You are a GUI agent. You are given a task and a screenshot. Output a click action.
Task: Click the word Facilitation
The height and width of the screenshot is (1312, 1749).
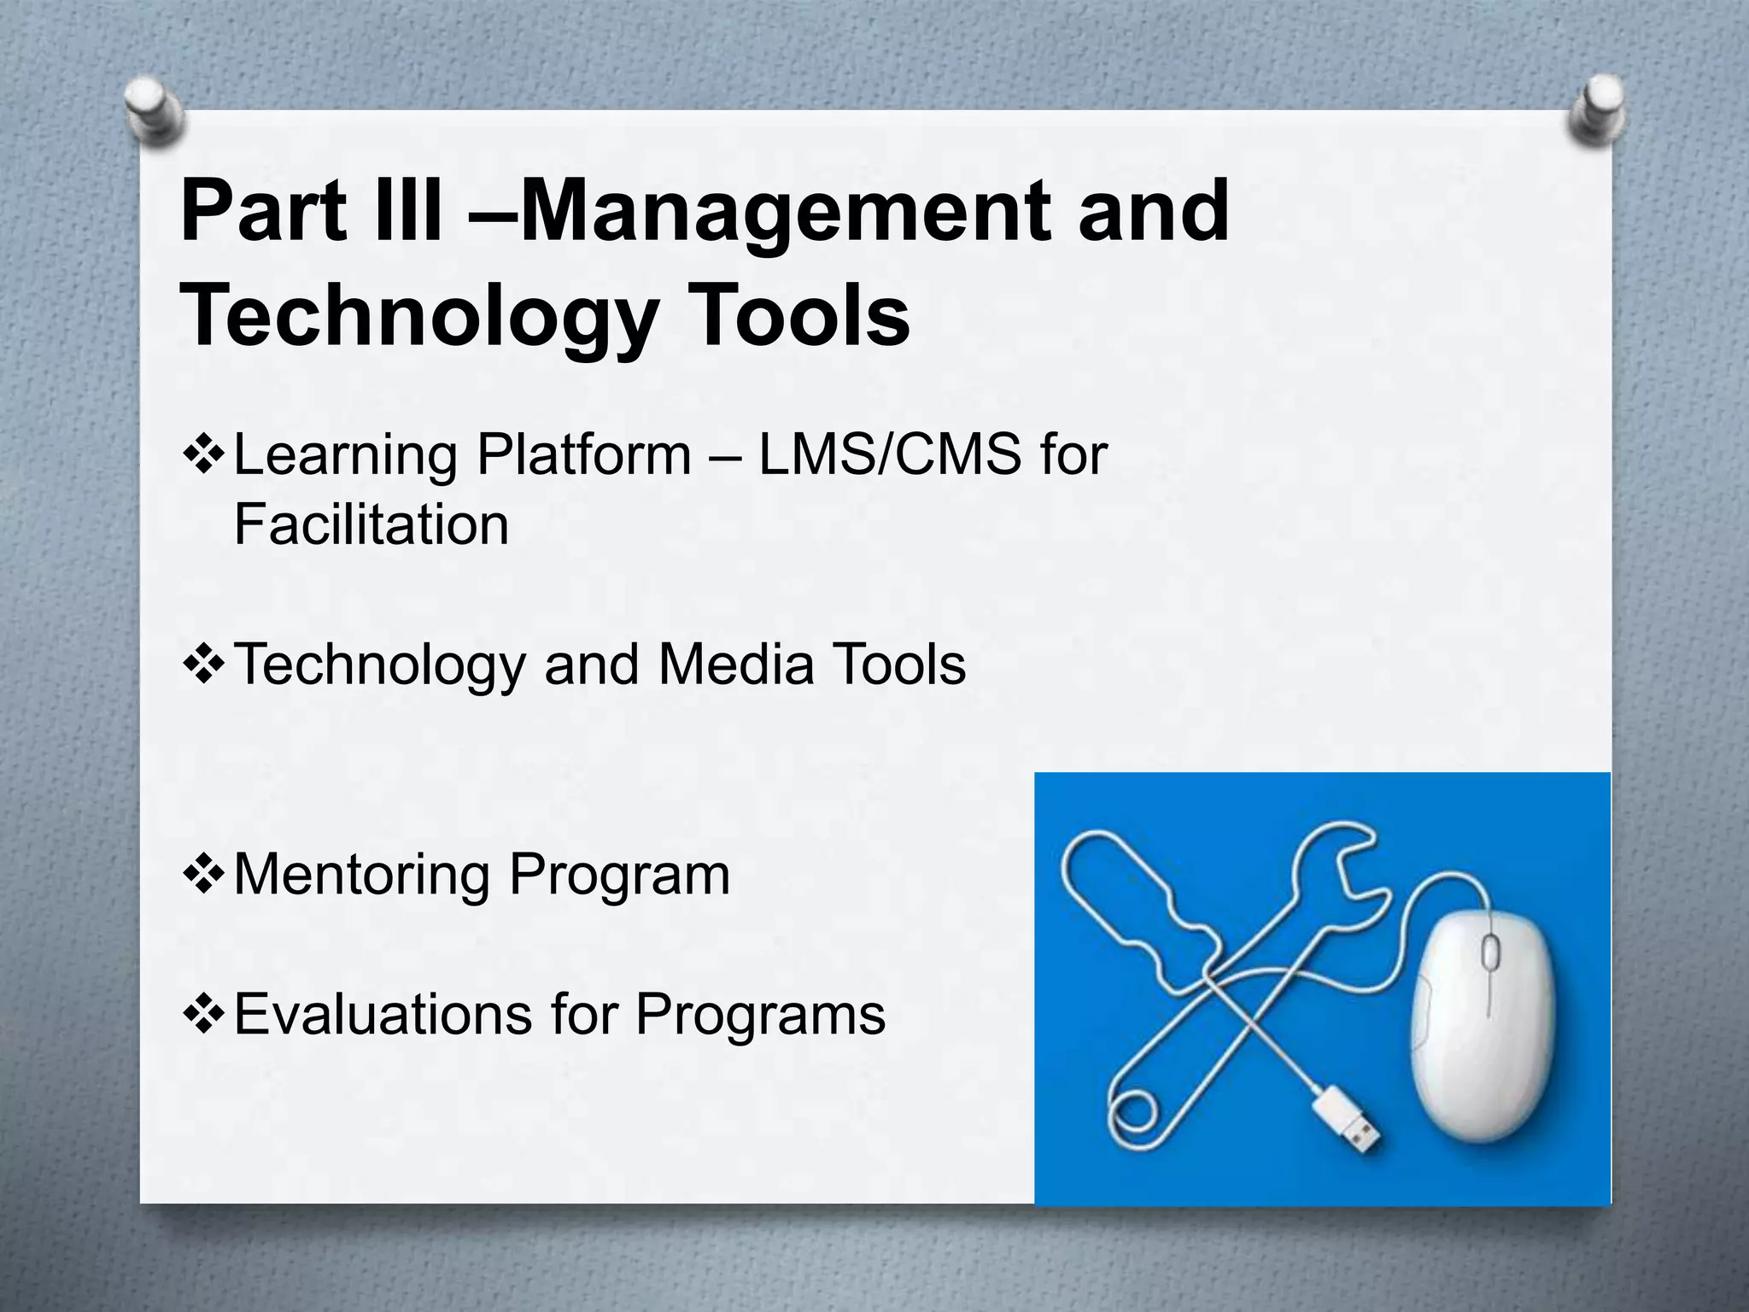[x=371, y=524]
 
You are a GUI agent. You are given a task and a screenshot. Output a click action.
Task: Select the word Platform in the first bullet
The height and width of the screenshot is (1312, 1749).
[x=583, y=454]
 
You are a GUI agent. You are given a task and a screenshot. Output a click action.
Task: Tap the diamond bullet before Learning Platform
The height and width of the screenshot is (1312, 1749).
[x=204, y=454]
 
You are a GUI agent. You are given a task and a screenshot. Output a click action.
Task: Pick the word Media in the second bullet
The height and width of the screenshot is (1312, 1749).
[x=735, y=665]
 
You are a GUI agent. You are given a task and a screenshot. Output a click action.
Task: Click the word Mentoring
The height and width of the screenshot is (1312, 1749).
[x=362, y=875]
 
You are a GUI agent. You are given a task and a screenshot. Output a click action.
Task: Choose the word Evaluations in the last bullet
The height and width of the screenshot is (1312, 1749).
[x=383, y=1015]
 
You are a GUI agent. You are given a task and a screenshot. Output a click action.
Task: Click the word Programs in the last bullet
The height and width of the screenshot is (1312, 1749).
[x=760, y=1015]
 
